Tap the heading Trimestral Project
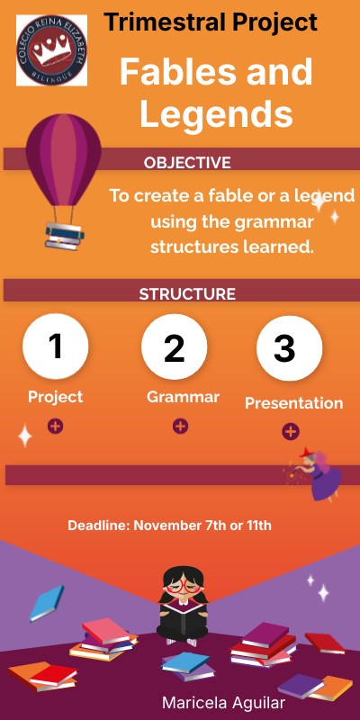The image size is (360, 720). coord(211,22)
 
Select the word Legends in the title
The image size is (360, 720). coord(216,114)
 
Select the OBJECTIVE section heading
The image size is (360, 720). coord(187,163)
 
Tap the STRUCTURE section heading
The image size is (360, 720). coord(187,294)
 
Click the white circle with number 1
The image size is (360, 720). coord(56,346)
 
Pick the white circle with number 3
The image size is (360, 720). coord(289,348)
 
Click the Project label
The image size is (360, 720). coord(55,397)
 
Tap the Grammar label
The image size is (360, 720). coord(183,397)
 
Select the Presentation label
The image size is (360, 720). coord(293,403)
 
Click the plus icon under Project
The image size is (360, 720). coord(55,426)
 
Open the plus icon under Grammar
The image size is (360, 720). coord(180,426)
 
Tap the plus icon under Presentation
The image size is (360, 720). coord(291,432)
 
